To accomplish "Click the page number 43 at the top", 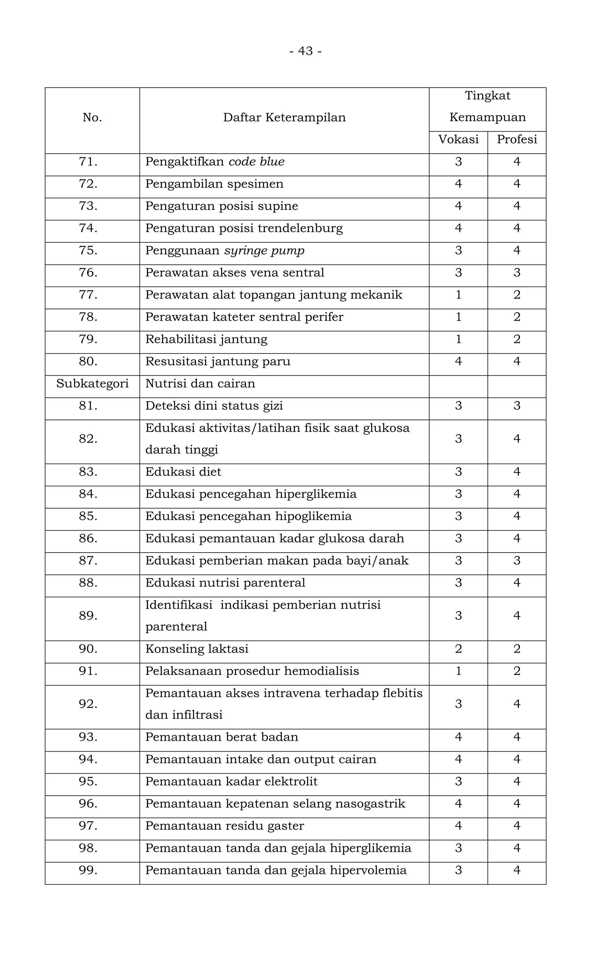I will pos(305,51).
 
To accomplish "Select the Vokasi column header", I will pos(458,139).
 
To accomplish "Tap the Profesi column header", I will pos(517,139).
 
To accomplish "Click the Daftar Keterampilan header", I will pos(284,117).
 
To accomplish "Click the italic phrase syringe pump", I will pos(264,251).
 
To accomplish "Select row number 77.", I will pos(88,295).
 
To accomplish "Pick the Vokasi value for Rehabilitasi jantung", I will pos(458,339).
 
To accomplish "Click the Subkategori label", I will pos(92,384).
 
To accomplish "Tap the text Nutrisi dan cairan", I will pos(200,384).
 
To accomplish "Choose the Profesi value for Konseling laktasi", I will pos(517,649).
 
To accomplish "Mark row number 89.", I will pos(88,616).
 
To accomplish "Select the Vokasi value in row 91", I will pos(458,671).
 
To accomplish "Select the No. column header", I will pos(92,117).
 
